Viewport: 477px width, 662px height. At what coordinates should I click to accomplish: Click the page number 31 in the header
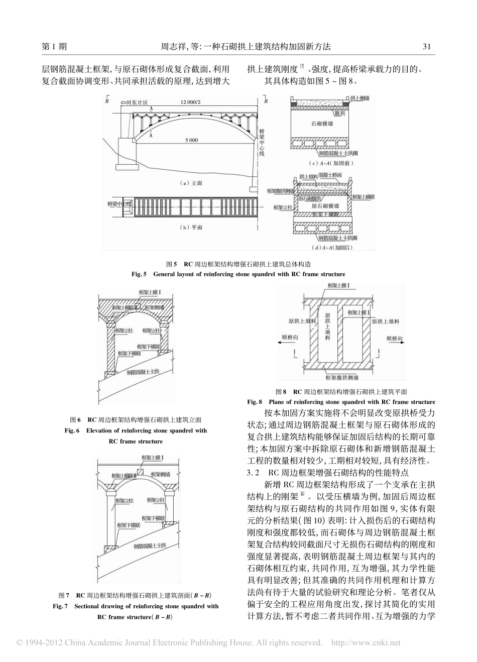(x=427, y=47)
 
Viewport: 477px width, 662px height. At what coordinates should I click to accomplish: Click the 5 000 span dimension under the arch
(x=190, y=140)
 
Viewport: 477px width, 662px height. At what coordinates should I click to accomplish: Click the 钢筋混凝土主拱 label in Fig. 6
(x=143, y=371)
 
